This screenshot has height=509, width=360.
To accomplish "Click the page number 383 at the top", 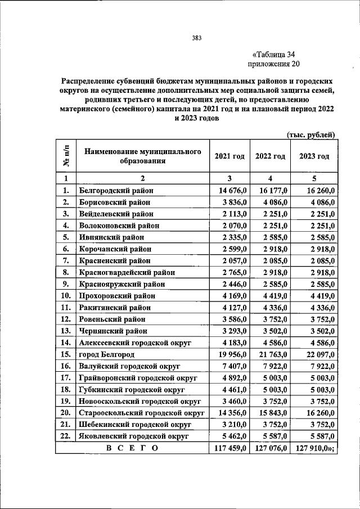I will pos(196,38).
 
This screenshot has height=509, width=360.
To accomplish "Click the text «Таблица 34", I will pos(274,55).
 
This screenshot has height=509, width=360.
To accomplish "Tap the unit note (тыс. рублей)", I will pos(310,135).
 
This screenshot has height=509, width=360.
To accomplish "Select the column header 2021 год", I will pos(229,156).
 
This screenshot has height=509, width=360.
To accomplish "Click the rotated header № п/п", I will pos(66,156).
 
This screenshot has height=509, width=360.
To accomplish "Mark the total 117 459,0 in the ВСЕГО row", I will pos(229,448).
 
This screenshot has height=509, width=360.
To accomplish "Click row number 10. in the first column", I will pos(65,295).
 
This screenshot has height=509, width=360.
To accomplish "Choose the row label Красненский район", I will pos(115,260).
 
